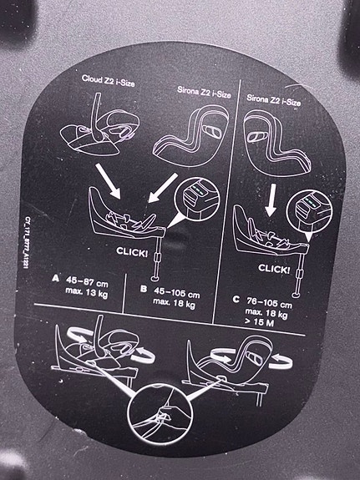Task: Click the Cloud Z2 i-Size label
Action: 108,80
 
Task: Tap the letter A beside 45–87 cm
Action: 55,278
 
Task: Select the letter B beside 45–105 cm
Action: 144,289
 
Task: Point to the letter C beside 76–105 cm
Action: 236,299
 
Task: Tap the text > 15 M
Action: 259,322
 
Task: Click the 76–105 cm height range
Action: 269,303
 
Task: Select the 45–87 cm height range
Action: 87,282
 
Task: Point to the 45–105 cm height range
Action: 177,292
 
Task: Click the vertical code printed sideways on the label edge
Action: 25,243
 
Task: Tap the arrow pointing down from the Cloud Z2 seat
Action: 108,181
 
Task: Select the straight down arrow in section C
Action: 271,200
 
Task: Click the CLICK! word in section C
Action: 274,269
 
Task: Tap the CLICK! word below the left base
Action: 132,252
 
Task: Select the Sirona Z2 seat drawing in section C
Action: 277,144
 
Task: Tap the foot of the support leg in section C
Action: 296,295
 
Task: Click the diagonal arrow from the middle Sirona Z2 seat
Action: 163,187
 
